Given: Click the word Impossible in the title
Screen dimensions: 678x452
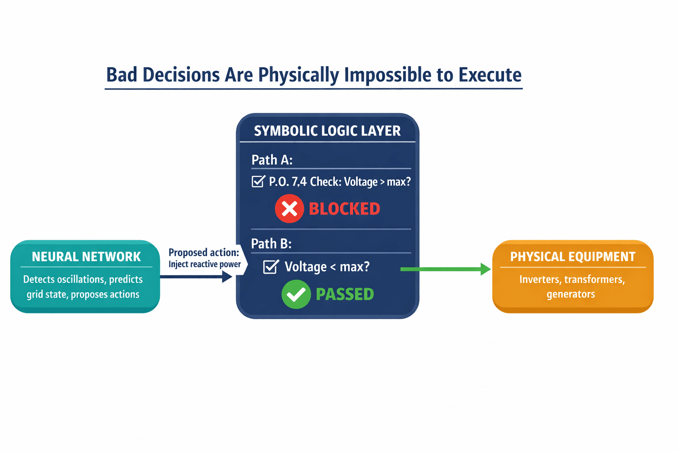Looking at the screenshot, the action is point(388,75).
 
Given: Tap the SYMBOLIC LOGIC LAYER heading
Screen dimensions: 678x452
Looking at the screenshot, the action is point(327,131).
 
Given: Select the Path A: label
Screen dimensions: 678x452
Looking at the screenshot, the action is point(272,160).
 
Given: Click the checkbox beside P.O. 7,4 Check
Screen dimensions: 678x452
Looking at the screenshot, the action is point(259,181).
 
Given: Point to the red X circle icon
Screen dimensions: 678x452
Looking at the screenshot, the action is point(290,209).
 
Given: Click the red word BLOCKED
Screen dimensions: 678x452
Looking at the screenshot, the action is point(344,209).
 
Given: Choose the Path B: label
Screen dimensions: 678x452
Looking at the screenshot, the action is point(271,244).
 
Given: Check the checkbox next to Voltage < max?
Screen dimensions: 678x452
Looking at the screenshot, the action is point(271,267).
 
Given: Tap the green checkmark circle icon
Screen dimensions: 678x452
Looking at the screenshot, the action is point(296,294).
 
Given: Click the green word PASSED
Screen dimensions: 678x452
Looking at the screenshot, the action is point(345,294).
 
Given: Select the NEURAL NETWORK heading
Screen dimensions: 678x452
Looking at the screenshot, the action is point(86,257).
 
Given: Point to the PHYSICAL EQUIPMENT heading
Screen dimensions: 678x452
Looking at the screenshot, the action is point(573,257).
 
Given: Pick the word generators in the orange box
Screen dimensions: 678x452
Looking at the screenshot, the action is point(571,294).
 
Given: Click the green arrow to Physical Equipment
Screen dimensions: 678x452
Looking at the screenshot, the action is point(445,269).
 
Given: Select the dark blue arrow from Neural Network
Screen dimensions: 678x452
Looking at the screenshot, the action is point(196,277).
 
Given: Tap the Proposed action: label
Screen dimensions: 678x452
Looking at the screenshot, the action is point(203,252).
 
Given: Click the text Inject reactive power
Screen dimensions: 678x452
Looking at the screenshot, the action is point(205,264).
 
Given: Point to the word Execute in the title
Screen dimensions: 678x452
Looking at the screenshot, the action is point(490,75).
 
